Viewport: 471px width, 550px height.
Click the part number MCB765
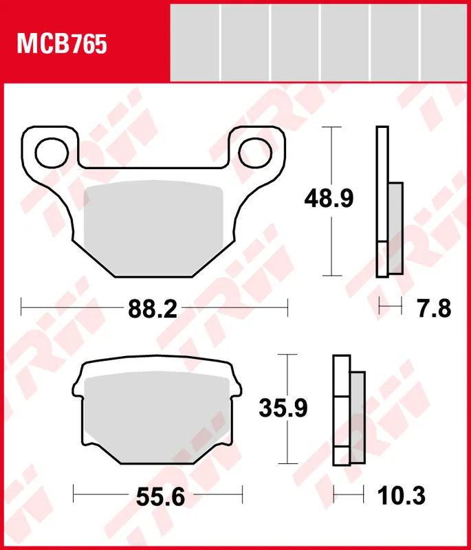click(x=62, y=45)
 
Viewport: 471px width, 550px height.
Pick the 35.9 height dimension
click(x=283, y=408)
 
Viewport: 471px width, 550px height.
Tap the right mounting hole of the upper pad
click(x=255, y=149)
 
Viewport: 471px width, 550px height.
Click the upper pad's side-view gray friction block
click(x=395, y=227)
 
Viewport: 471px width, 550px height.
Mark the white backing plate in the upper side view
click(x=382, y=186)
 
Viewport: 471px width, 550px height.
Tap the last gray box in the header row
click(x=444, y=42)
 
